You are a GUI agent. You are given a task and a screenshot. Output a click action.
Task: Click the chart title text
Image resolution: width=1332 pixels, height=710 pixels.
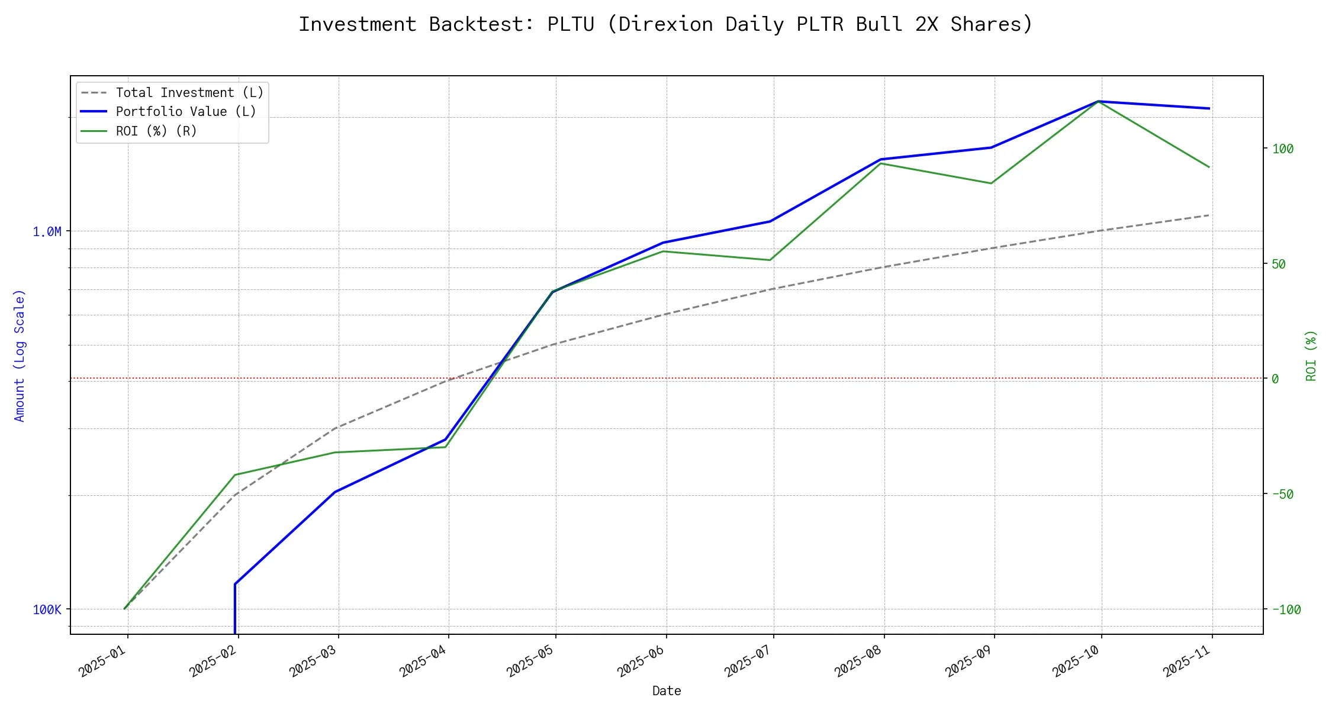(x=665, y=24)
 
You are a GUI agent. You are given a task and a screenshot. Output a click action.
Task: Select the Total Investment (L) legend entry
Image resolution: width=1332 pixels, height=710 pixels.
(x=189, y=93)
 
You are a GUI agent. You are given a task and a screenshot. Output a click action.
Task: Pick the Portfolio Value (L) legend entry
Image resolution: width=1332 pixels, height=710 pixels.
(x=186, y=112)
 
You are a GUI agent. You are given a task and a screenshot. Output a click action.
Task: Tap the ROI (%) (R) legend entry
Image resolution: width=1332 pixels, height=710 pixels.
(x=156, y=131)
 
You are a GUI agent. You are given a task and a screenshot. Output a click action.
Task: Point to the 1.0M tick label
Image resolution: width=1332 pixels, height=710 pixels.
(x=47, y=231)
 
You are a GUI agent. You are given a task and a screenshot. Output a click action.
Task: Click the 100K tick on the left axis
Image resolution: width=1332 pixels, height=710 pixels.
(x=47, y=609)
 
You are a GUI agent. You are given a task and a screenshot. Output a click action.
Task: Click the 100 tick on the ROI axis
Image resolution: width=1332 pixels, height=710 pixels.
(x=1283, y=149)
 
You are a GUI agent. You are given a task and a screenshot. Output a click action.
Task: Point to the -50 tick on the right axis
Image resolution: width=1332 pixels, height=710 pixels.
(x=1283, y=494)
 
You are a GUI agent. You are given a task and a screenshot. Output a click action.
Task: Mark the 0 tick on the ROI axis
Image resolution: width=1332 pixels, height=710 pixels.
(x=1275, y=379)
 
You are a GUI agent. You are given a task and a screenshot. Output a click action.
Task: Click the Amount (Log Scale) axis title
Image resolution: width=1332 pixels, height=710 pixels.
(x=20, y=355)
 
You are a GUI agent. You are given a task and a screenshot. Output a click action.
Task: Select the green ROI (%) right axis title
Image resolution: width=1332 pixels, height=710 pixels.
(x=1311, y=355)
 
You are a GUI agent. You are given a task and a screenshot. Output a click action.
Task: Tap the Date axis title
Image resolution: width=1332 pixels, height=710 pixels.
(x=667, y=690)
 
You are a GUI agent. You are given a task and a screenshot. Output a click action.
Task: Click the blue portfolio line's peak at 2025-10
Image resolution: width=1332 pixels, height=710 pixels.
(x=1099, y=101)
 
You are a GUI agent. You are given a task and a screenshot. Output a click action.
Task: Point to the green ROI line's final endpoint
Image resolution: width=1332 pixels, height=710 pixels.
(x=1209, y=167)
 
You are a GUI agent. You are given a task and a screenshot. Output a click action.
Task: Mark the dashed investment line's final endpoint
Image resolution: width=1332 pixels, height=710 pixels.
(x=1209, y=215)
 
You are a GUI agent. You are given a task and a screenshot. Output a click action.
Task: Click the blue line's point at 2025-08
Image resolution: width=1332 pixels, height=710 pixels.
(x=882, y=159)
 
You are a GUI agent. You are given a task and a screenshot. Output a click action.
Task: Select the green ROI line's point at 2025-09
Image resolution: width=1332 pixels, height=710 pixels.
(x=991, y=183)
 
